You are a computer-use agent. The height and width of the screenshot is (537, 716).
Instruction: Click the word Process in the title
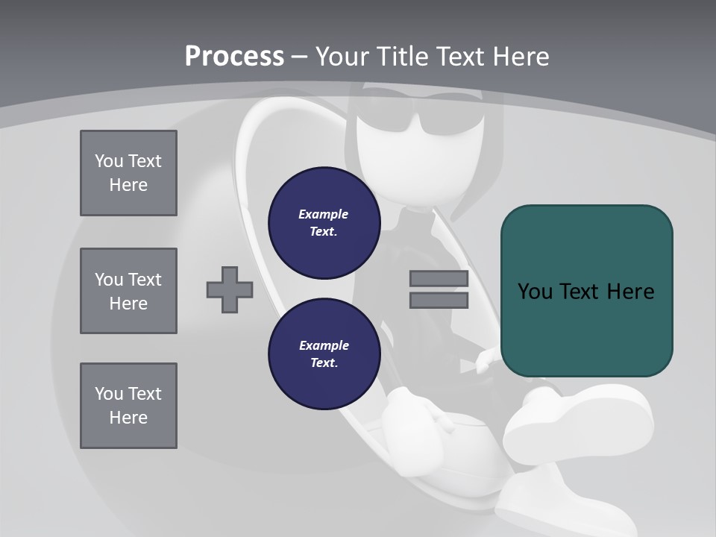[234, 56]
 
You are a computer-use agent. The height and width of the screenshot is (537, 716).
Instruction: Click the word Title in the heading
[402, 56]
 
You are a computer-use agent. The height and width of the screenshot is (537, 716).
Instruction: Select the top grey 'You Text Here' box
[128, 173]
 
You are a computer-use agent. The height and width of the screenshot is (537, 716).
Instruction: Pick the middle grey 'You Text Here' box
[128, 291]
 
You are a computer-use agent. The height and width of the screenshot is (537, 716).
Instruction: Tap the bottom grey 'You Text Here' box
[128, 406]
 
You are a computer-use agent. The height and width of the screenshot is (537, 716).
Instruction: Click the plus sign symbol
[230, 289]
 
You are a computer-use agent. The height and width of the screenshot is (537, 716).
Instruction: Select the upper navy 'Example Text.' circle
[324, 222]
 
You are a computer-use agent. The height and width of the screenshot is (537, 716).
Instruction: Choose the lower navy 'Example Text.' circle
[324, 354]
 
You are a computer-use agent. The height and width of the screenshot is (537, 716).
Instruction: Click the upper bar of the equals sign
[439, 279]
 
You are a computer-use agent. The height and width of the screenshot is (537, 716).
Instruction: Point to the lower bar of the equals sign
[439, 301]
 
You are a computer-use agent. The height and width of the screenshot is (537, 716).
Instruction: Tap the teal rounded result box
[586, 291]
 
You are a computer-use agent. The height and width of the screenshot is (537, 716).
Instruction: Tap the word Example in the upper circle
[323, 214]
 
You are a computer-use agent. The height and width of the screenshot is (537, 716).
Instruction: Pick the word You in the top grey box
[109, 161]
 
